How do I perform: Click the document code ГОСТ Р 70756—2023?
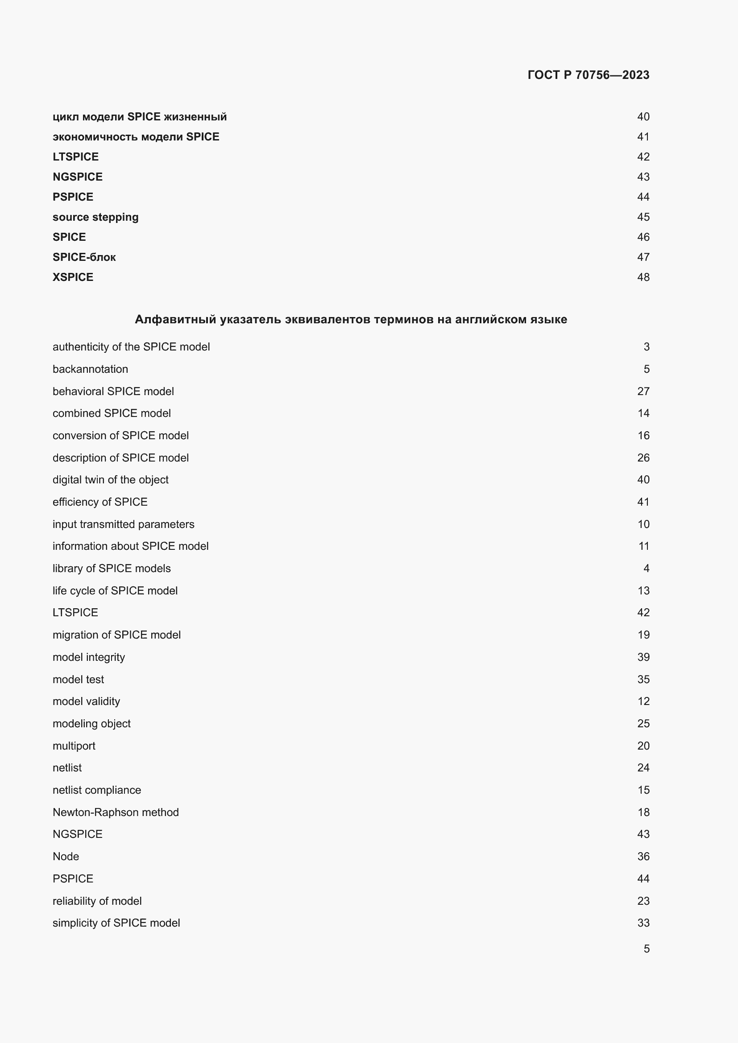point(588,75)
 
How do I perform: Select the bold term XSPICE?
point(73,277)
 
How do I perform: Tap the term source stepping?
point(95,217)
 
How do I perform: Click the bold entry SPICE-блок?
point(84,257)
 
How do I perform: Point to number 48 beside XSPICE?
point(643,277)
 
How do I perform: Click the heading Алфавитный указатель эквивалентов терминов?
point(351,319)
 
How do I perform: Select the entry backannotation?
point(91,369)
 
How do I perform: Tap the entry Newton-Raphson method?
point(116,812)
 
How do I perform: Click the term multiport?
point(74,746)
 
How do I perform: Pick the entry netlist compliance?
point(97,790)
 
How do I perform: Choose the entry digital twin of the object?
point(110,480)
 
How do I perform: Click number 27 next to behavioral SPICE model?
point(643,391)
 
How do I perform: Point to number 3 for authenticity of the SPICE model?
point(646,347)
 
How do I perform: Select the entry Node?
point(66,856)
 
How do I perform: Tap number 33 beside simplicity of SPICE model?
point(643,923)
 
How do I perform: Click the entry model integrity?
point(89,657)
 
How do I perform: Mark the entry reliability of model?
point(97,901)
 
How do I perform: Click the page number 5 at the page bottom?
point(646,948)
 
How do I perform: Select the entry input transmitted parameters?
point(123,524)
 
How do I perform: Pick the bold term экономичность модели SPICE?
point(136,137)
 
